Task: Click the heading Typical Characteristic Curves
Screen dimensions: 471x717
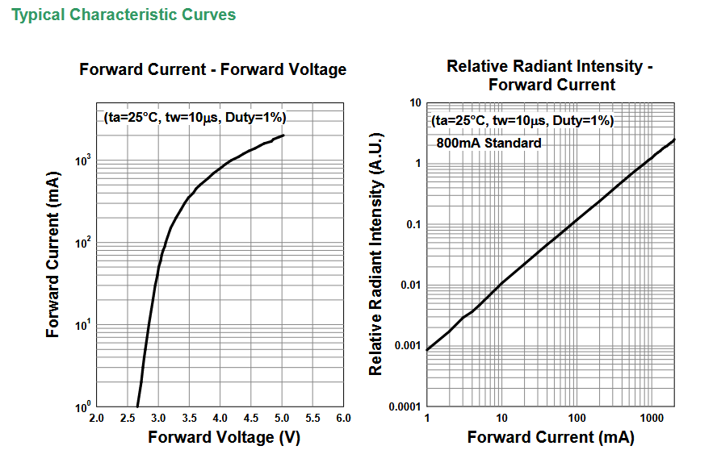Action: pyautogui.click(x=124, y=15)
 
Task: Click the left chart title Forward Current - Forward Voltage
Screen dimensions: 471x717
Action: pyautogui.click(x=212, y=69)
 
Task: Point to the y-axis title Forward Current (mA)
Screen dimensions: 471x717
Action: pyautogui.click(x=53, y=254)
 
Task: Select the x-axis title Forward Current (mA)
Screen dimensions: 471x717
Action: pyautogui.click(x=550, y=437)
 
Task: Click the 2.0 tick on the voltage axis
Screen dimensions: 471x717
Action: pyautogui.click(x=96, y=419)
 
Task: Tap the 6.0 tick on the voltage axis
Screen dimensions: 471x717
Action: pyautogui.click(x=343, y=419)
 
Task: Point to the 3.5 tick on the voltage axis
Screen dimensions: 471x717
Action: pyautogui.click(x=189, y=419)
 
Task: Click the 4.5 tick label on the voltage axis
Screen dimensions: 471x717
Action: pyautogui.click(x=251, y=419)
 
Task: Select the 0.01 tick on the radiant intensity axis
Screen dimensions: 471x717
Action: pyautogui.click(x=411, y=285)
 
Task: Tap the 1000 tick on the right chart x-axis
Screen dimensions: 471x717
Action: pyautogui.click(x=649, y=419)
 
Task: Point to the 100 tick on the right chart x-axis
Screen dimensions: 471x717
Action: pyautogui.click(x=577, y=419)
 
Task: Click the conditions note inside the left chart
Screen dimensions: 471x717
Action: pyautogui.click(x=195, y=118)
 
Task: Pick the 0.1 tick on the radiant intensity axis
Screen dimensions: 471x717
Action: pyautogui.click(x=414, y=224)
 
